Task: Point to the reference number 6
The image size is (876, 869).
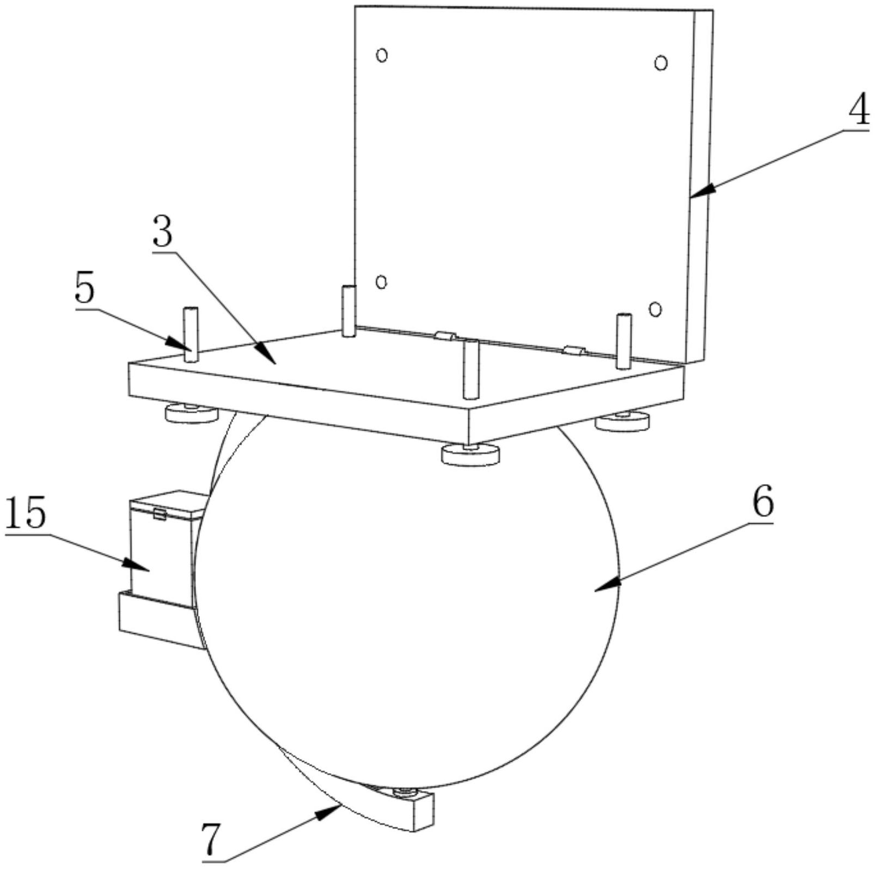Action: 762,503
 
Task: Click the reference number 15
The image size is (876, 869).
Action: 25,515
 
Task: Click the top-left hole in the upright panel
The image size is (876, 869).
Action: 382,55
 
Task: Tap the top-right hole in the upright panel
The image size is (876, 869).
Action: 661,63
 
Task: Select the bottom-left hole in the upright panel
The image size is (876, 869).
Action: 382,281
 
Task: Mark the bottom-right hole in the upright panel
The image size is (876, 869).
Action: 656,309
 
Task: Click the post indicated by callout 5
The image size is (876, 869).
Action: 191,334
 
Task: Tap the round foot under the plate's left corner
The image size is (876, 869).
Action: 192,414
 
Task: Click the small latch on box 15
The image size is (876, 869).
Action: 160,514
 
